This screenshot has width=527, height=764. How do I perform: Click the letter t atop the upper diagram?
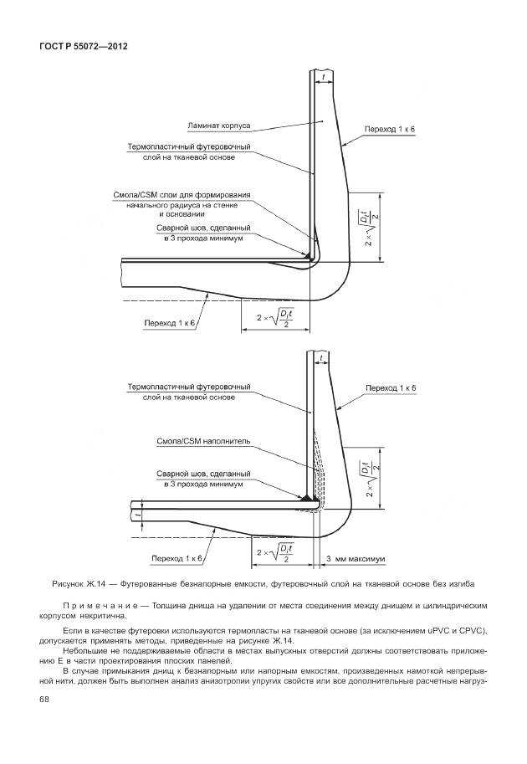click(322, 76)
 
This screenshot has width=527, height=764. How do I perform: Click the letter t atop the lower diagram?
click(320, 357)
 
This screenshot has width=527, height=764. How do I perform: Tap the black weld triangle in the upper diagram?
click(310, 254)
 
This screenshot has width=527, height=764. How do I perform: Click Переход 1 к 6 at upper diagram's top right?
click(390, 130)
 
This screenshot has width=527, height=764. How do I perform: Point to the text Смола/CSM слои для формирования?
click(182, 196)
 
